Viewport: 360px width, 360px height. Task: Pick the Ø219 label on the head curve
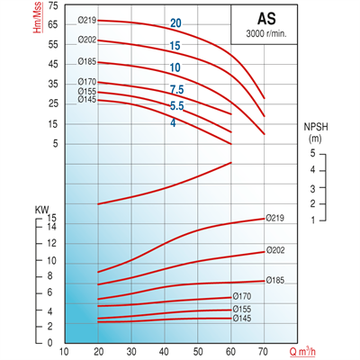(x=87, y=20)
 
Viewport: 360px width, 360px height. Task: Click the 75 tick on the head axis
(x=51, y=6)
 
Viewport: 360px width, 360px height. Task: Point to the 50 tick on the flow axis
(x=198, y=352)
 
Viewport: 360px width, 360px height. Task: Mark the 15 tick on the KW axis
(x=51, y=218)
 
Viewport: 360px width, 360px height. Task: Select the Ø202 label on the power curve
(x=277, y=251)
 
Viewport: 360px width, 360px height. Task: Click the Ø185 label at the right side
(x=277, y=281)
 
